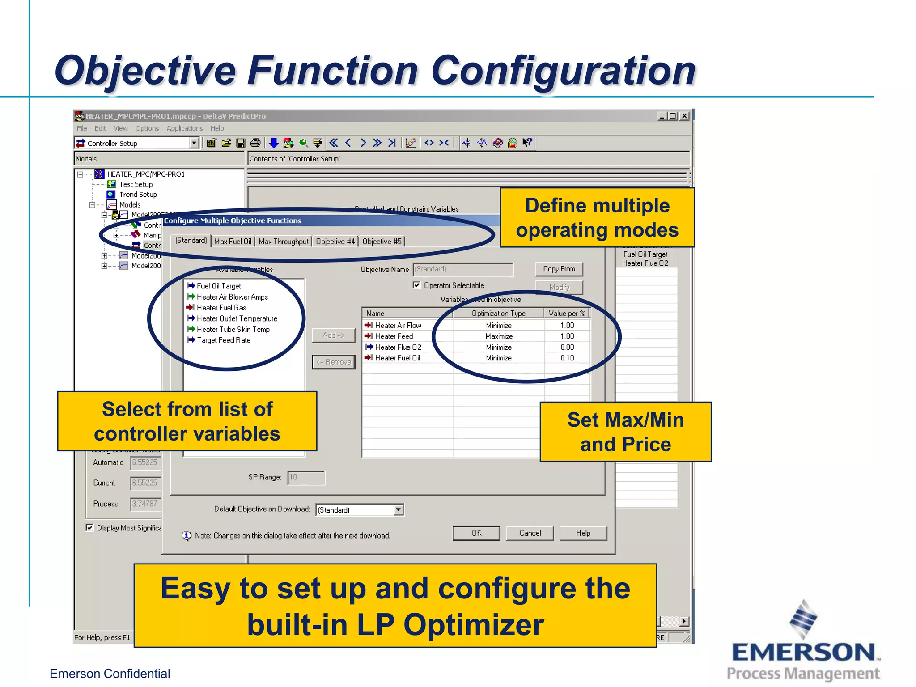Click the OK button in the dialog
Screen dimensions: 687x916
pos(476,533)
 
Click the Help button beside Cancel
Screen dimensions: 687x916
pos(583,533)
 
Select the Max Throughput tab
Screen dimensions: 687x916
pos(284,242)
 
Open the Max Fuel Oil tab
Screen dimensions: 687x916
pos(233,242)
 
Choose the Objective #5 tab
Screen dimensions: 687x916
pos(382,242)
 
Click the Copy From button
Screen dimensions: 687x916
pos(559,269)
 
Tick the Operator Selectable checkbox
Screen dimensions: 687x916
pos(417,285)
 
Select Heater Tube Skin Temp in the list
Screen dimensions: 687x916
pos(233,329)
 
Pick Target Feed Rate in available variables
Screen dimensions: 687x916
pos(224,340)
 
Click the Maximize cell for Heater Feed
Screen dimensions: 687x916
pos(499,336)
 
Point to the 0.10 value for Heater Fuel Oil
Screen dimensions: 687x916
pos(567,358)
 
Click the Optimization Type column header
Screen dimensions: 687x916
pos(498,314)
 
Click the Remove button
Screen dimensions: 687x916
pos(334,362)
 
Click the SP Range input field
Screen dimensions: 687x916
pos(306,477)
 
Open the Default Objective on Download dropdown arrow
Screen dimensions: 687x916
pos(398,510)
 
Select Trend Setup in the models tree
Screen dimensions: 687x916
pos(138,195)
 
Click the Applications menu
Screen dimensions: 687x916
pos(184,128)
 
